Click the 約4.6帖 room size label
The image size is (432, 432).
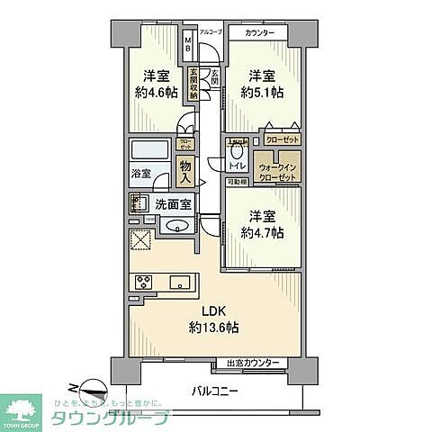point(157,85)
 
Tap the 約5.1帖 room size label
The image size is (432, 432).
point(260,85)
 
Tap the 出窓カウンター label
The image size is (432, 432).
point(253,363)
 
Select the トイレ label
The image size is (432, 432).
point(238,166)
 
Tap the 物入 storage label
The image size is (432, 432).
point(184,171)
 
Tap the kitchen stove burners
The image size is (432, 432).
point(143,282)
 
